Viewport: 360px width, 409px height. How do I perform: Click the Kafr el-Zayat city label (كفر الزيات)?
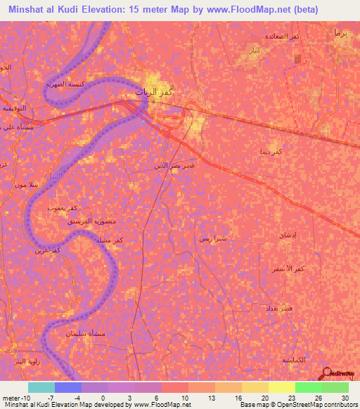pos(155,91)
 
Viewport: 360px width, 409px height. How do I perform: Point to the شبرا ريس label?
pos(212,239)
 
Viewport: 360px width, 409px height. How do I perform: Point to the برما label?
pos(341,33)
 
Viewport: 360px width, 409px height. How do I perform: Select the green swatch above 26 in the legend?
pos(308,387)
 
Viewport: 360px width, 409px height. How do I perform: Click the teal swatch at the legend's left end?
pos(41,387)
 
